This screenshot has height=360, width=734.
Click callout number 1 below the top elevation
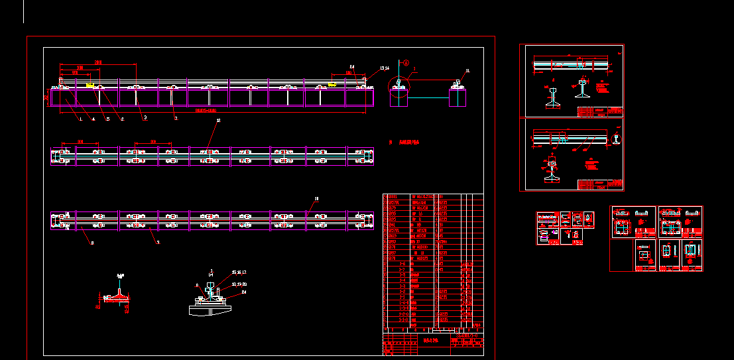click(80, 119)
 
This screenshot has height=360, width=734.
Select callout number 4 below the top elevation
click(93, 119)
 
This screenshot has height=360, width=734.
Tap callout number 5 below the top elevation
click(107, 119)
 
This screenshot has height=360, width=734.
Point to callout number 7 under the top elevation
click(176, 119)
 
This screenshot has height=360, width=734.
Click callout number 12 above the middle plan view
click(218, 121)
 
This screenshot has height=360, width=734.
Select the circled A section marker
click(404, 64)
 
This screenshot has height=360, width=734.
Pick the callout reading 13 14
click(384, 68)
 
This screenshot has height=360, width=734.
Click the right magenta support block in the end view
click(458, 97)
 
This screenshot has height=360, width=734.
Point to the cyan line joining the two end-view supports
click(429, 97)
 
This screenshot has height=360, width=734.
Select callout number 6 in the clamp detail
click(197, 285)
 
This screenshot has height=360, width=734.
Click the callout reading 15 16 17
click(239, 272)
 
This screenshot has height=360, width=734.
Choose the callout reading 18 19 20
click(239, 283)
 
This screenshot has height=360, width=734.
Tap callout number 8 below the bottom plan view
click(92, 243)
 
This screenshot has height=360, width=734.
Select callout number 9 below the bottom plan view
click(158, 243)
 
